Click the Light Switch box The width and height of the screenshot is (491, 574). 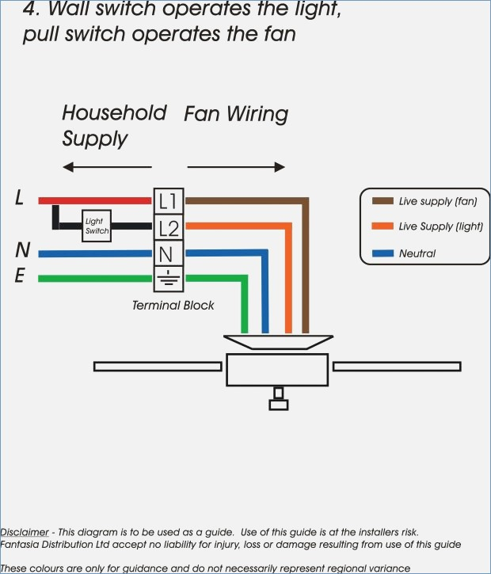pyautogui.click(x=97, y=226)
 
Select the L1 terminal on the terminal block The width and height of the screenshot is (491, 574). pyautogui.click(x=169, y=201)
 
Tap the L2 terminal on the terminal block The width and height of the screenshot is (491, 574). pyautogui.click(x=169, y=227)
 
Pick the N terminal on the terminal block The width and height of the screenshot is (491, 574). pyautogui.click(x=169, y=253)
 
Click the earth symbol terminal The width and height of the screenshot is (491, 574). pyautogui.click(x=169, y=279)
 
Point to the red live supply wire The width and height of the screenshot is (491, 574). pyautogui.click(x=95, y=200)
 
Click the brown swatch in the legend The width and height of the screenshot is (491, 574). pyautogui.click(x=383, y=201)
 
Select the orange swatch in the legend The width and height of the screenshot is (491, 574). pyautogui.click(x=383, y=226)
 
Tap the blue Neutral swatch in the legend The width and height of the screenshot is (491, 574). pyautogui.click(x=383, y=253)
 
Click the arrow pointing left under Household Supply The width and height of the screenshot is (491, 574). pyautogui.click(x=107, y=167)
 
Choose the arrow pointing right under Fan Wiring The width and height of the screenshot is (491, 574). pyautogui.click(x=236, y=167)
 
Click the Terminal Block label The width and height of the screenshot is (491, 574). pyautogui.click(x=173, y=306)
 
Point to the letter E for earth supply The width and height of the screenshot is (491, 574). pyautogui.click(x=20, y=276)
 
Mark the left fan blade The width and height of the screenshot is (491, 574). pyautogui.click(x=158, y=367)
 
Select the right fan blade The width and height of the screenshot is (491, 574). pyautogui.click(x=397, y=367)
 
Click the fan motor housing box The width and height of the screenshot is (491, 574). pyautogui.click(x=277, y=370)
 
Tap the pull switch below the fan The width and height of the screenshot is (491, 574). pyautogui.click(x=279, y=399)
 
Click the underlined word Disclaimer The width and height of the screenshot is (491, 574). pyautogui.click(x=25, y=532)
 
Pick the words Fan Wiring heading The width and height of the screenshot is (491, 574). pyautogui.click(x=236, y=114)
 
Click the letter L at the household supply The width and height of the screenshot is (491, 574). pyautogui.click(x=20, y=198)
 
